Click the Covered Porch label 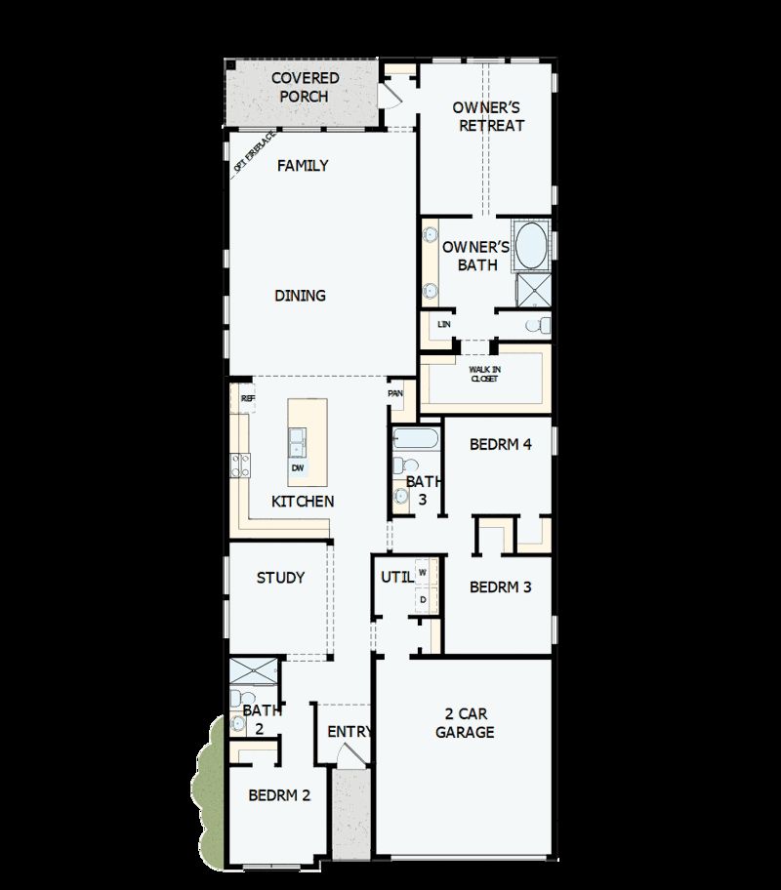click(305, 87)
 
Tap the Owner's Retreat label click(488, 116)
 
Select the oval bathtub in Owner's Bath click(532, 246)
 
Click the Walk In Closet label click(483, 374)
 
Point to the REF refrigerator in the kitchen click(248, 399)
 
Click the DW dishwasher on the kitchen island click(297, 467)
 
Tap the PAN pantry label click(395, 393)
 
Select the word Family click(303, 166)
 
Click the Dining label click(300, 296)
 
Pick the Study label click(281, 578)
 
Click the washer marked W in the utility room click(423, 572)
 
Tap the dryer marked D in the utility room click(423, 599)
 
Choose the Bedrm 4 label click(500, 444)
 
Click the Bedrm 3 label click(500, 587)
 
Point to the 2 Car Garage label click(465, 723)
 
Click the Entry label click(349, 732)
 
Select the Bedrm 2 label click(279, 795)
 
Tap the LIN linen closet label click(444, 324)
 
